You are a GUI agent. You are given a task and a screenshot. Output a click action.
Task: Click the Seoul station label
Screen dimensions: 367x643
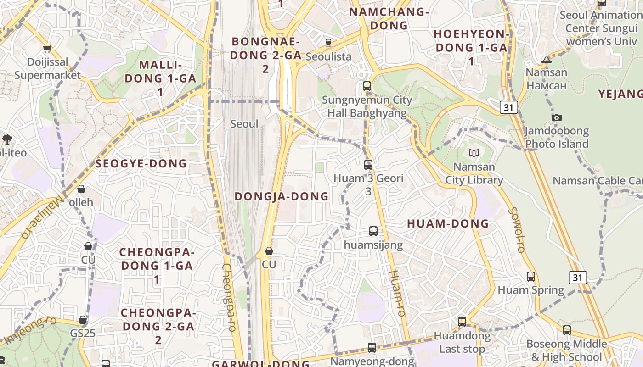point(244,124)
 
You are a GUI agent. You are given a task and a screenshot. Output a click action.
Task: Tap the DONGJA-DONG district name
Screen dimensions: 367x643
point(282,196)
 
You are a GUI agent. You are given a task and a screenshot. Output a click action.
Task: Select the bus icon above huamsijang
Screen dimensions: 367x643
point(373,231)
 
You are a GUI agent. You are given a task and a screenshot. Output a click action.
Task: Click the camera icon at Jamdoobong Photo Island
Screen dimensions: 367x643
point(557,117)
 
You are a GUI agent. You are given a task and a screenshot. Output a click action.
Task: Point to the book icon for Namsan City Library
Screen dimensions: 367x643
point(474,153)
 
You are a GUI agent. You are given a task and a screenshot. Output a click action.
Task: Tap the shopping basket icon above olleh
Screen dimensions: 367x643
point(81,189)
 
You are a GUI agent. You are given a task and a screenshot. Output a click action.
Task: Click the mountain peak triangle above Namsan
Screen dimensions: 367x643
point(546,59)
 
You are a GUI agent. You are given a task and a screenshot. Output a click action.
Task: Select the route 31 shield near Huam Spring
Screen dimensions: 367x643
point(577,278)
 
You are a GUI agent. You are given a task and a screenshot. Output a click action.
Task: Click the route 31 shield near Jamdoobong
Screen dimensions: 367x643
point(508,107)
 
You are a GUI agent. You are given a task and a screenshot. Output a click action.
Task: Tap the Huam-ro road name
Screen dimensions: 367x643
point(397,293)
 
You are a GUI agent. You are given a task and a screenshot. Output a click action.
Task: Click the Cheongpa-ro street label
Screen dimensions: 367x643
point(228,297)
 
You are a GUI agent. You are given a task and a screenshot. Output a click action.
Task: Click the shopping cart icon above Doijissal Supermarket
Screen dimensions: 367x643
point(47,49)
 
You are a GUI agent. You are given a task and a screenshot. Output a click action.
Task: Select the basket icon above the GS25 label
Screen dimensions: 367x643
point(83,320)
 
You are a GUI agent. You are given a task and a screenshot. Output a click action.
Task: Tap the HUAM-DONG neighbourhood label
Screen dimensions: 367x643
point(448,224)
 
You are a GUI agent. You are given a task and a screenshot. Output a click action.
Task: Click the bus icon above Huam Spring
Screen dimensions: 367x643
point(531,277)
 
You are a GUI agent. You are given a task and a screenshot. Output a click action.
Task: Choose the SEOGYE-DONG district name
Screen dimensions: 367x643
point(141,164)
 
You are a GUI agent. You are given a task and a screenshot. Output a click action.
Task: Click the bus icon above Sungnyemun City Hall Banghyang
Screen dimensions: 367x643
point(367,86)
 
